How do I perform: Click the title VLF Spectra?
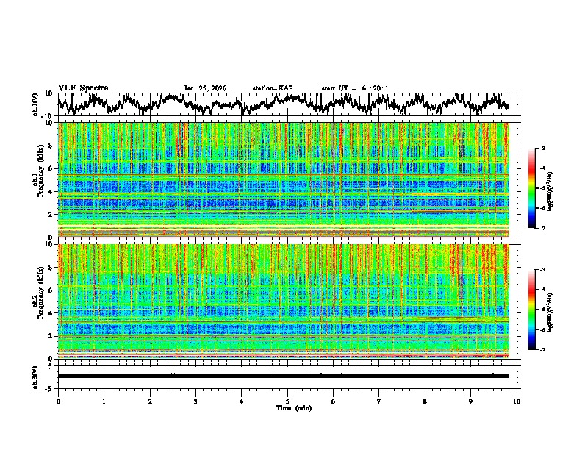tap(83, 87)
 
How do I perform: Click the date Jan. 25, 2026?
tap(205, 88)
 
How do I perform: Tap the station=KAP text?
tap(273, 88)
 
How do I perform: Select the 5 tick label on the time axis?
tap(287, 401)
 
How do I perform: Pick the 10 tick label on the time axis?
tap(517, 401)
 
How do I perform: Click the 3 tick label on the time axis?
tap(195, 401)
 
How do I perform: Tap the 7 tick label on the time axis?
tap(379, 401)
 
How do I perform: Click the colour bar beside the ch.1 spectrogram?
tap(531, 187)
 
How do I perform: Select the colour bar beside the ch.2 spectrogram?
tap(531, 310)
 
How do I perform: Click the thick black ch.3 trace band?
tap(283, 376)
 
